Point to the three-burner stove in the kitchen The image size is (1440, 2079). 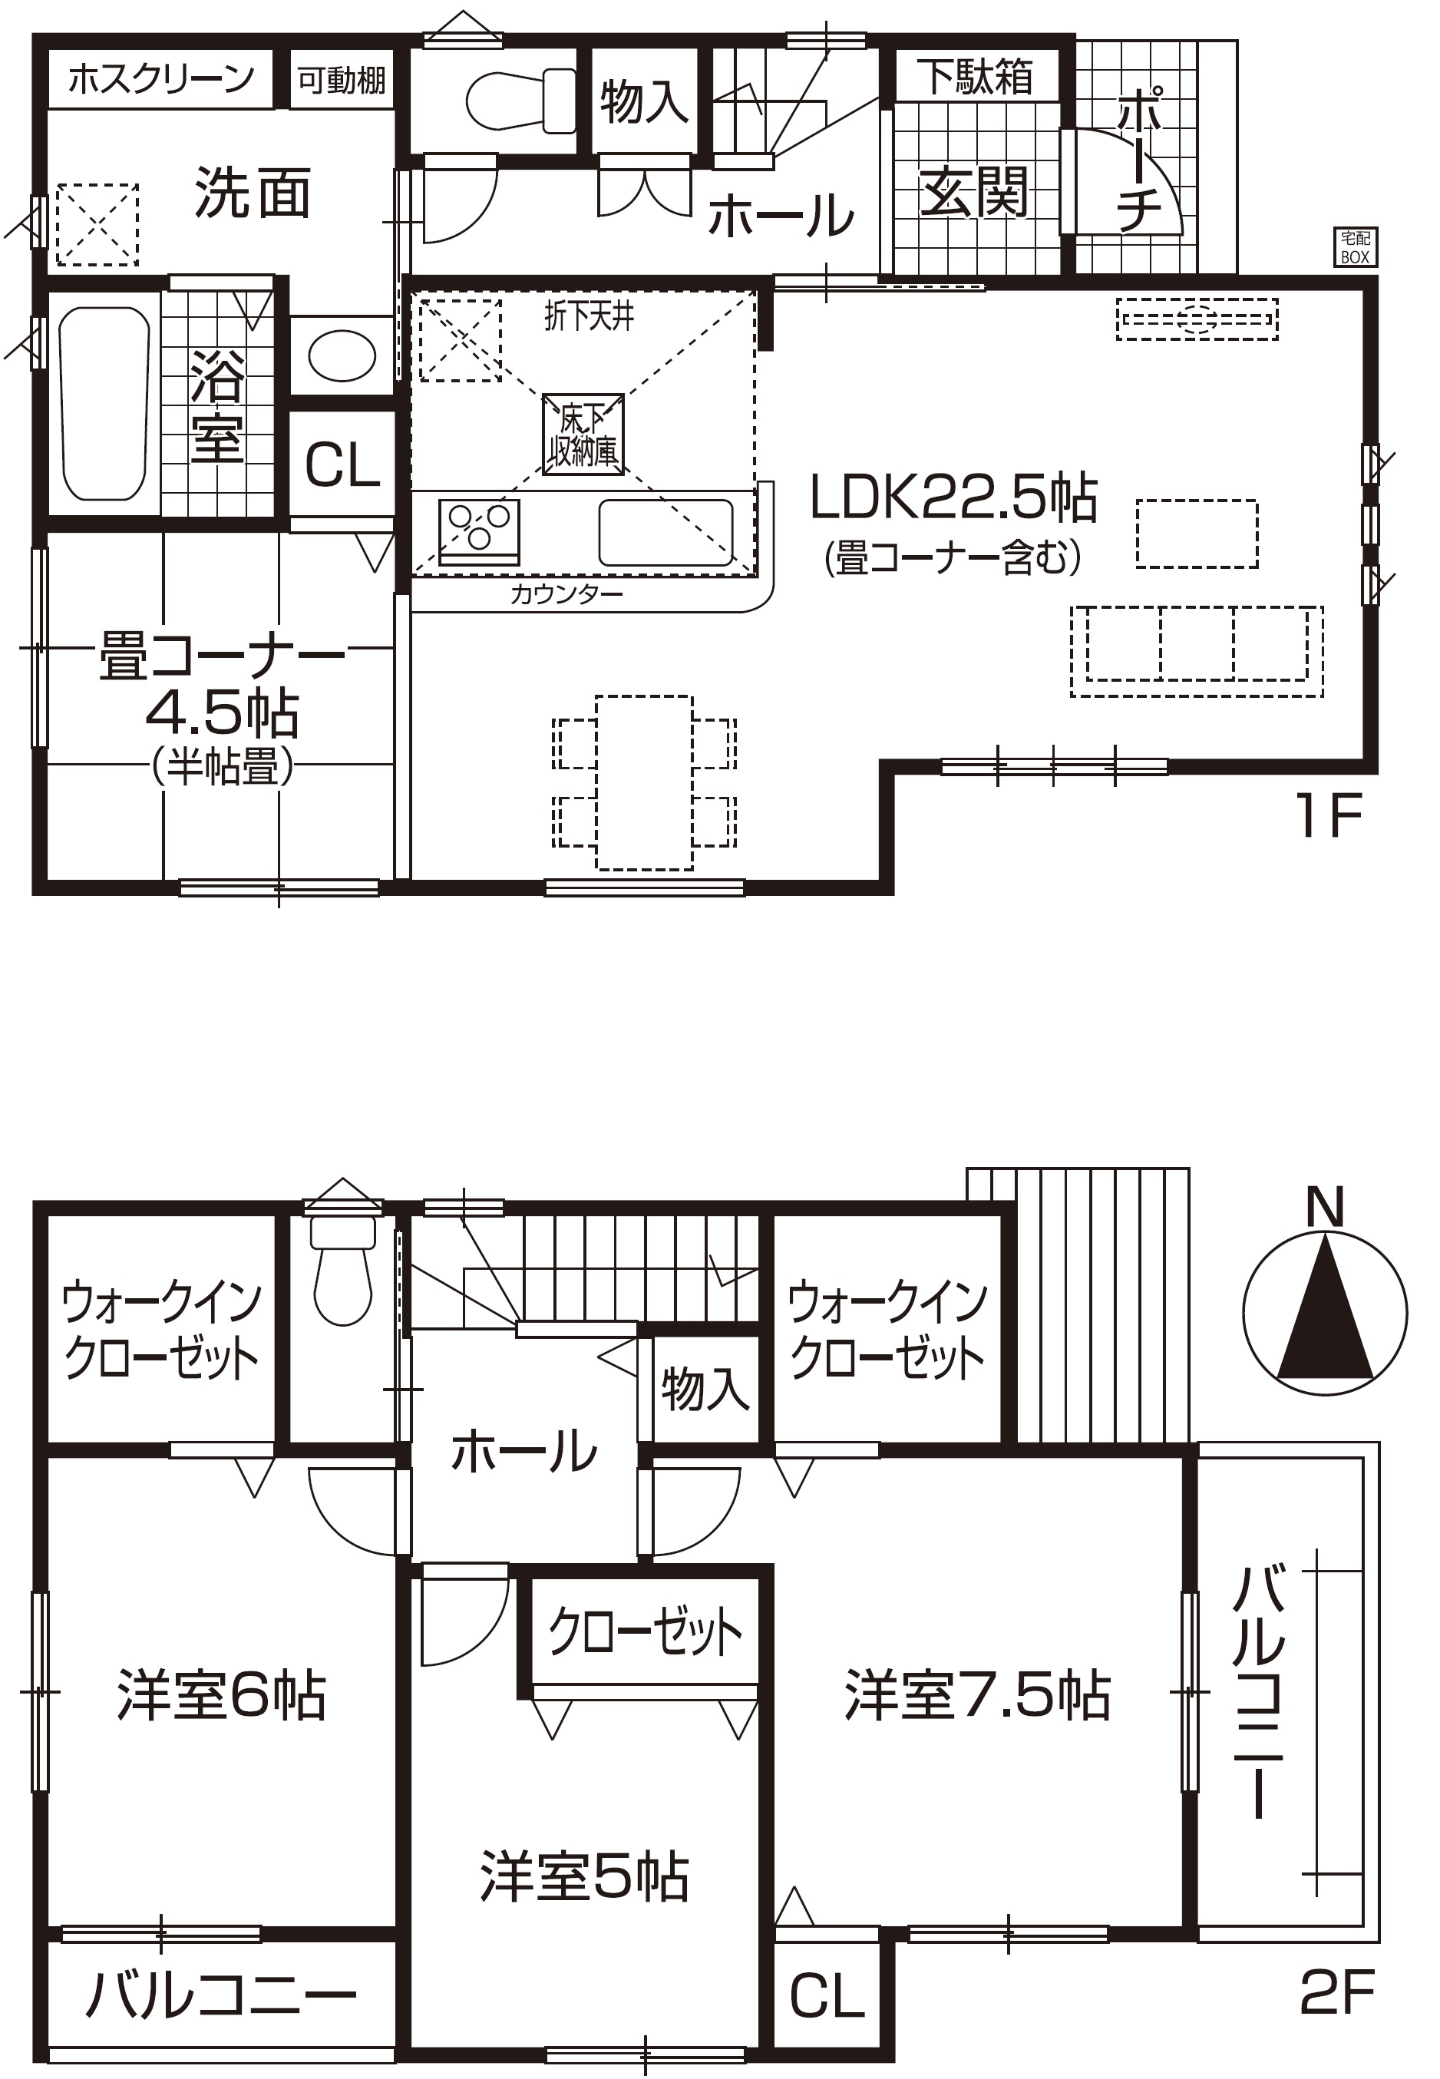(x=479, y=530)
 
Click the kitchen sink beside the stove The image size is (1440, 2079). (x=666, y=532)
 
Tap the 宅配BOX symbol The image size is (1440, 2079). (x=1356, y=247)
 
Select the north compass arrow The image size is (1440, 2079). (x=1325, y=1308)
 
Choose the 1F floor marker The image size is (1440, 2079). (x=1329, y=817)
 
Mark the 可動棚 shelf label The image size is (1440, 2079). (x=342, y=81)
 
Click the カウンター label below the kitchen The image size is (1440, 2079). (x=566, y=593)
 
